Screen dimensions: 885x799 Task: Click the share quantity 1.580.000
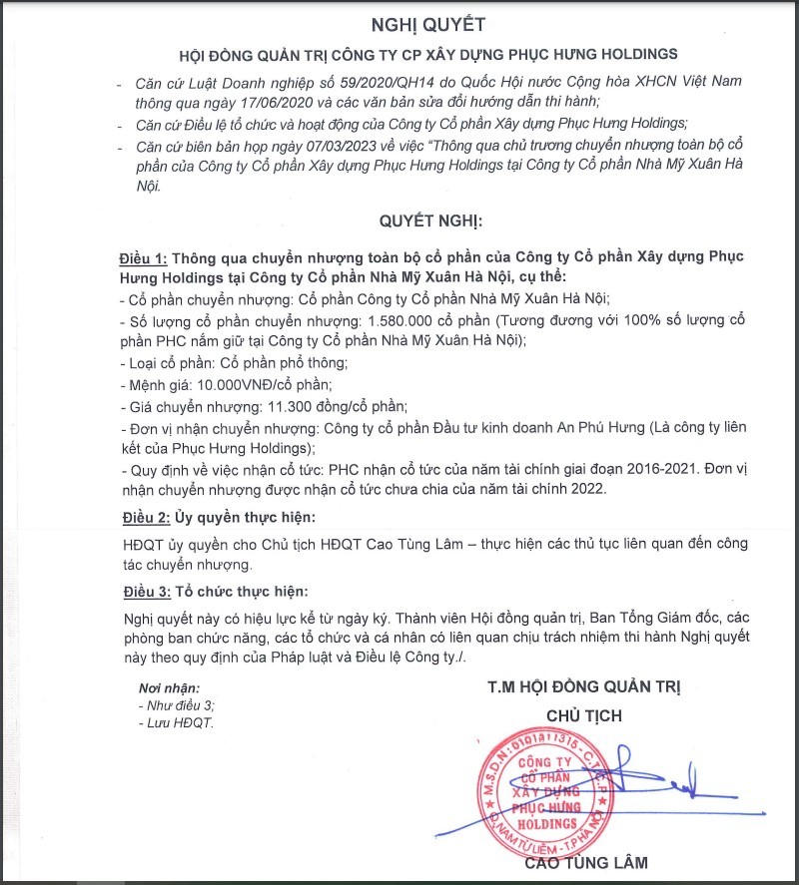[409, 320]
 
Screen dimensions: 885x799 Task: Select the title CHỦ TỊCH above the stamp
[584, 715]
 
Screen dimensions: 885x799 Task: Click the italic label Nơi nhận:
[169, 688]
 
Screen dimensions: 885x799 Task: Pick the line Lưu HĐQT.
[179, 721]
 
